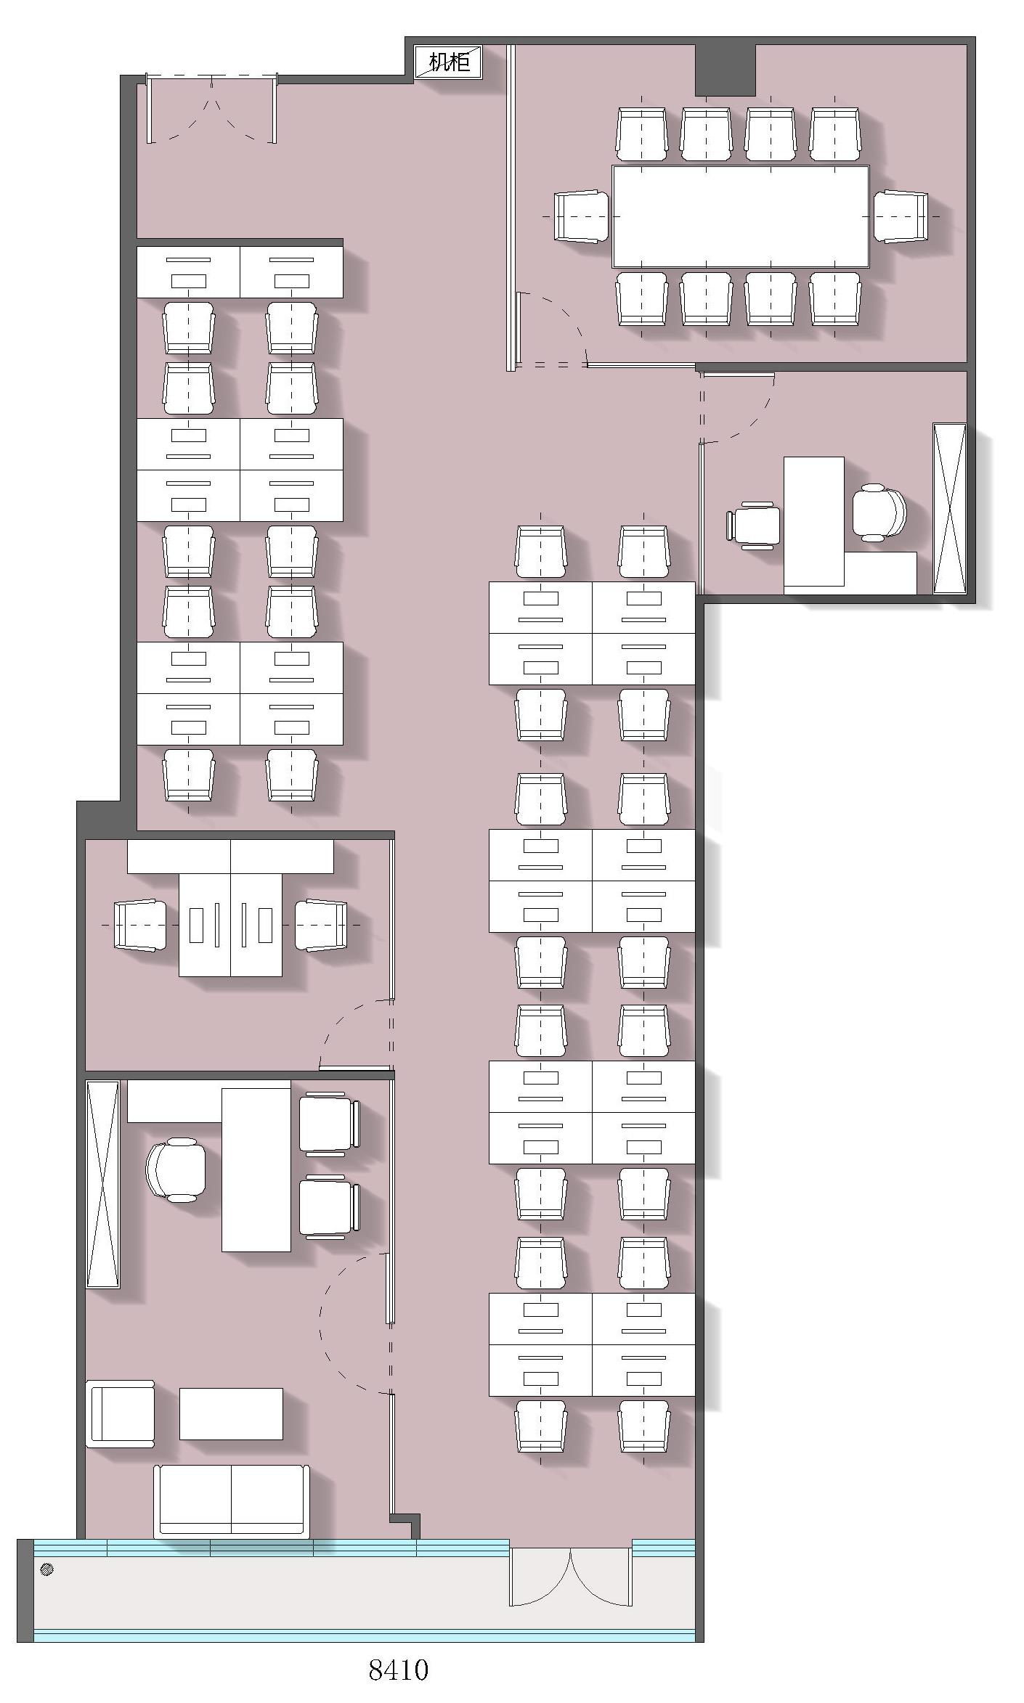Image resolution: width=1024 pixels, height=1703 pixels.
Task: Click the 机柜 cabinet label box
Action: click(448, 62)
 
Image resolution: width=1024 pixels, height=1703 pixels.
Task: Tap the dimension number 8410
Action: click(398, 1670)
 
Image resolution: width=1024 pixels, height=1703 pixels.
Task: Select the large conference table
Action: click(740, 216)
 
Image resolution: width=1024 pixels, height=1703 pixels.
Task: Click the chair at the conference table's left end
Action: click(581, 216)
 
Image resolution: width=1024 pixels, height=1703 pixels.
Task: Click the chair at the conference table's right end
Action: click(901, 216)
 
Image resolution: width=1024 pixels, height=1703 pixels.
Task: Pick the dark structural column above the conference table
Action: click(725, 70)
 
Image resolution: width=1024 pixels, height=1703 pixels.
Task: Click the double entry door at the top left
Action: click(211, 109)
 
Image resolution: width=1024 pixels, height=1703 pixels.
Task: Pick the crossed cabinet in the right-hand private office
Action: click(949, 508)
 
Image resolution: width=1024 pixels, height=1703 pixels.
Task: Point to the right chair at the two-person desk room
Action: click(321, 925)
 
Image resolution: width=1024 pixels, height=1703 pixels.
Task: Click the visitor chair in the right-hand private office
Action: click(753, 524)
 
